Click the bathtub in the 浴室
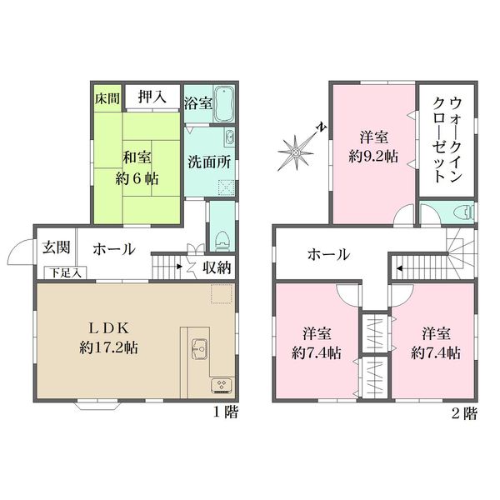click(224, 103)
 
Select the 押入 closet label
click(152, 96)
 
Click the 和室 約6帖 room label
click(137, 167)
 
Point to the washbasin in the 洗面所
click(229, 137)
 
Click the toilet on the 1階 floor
click(222, 241)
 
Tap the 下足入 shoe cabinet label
click(65, 273)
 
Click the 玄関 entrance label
click(57, 247)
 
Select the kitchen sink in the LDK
click(199, 349)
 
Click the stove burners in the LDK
click(222, 384)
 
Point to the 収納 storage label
click(217, 267)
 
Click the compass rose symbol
click(295, 152)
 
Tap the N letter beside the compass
click(322, 127)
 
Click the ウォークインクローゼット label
click(447, 140)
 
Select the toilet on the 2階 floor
click(466, 211)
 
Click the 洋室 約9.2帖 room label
click(373, 147)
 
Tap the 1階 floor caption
click(226, 412)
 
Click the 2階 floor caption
click(465, 413)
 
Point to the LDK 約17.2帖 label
click(108, 338)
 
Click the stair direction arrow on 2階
click(398, 268)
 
